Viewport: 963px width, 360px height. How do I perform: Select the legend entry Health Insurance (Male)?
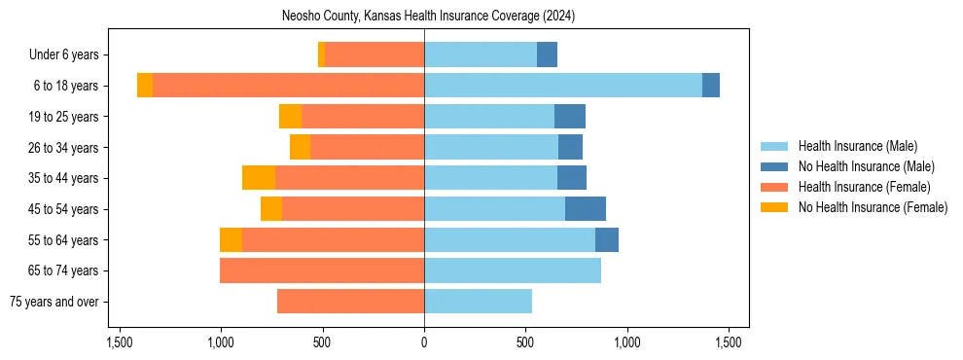tap(857, 146)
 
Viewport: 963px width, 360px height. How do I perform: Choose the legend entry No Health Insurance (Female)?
tap(873, 207)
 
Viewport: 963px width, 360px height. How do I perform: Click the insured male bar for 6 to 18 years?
tap(562, 86)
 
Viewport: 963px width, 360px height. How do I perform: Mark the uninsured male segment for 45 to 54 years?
tap(586, 209)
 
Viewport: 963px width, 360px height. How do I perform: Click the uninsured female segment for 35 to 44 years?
tap(259, 178)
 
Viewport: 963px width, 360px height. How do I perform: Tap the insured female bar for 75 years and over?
tap(350, 302)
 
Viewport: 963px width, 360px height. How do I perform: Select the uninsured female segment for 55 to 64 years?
tap(231, 240)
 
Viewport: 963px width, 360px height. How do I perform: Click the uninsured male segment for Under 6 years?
tap(547, 55)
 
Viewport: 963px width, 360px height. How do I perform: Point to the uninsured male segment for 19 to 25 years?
tap(570, 117)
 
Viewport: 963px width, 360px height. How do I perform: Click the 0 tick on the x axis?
tap(424, 342)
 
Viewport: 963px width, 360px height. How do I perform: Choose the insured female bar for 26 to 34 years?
tap(367, 148)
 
